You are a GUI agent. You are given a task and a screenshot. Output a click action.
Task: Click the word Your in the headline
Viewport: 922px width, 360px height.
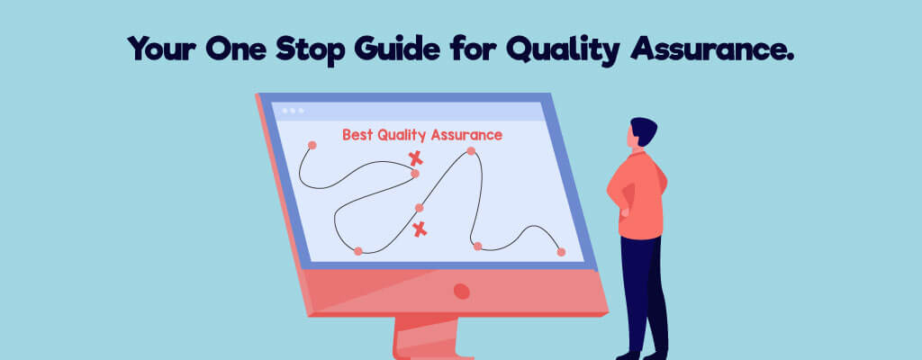(160, 49)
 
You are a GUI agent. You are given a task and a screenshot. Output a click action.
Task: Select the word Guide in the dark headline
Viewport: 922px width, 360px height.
(396, 49)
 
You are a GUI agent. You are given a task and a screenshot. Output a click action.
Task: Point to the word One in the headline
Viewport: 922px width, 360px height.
(235, 49)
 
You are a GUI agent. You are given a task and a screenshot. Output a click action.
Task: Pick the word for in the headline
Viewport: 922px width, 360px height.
(473, 49)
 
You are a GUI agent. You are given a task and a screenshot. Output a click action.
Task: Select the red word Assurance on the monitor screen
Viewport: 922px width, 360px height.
(466, 135)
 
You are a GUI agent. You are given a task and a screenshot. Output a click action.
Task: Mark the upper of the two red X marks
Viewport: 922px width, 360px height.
(416, 157)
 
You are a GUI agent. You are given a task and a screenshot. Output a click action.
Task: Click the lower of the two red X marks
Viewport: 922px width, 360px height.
(420, 229)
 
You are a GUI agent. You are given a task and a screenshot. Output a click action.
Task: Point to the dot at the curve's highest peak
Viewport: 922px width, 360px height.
(470, 151)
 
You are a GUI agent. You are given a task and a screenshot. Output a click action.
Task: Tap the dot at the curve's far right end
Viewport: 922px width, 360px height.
(561, 252)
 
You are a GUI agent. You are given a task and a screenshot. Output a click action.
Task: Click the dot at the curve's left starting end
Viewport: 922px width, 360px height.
(312, 145)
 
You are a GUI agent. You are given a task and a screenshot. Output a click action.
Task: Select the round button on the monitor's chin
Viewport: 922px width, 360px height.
(462, 292)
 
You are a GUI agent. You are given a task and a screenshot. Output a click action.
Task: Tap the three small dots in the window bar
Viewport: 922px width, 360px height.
(293, 111)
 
